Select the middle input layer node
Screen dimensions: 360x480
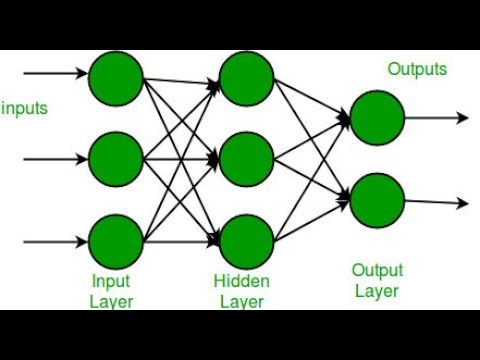point(115,158)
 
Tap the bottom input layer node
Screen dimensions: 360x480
point(115,240)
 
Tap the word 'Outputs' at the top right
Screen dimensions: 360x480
point(417,69)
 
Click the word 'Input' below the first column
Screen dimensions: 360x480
point(111,282)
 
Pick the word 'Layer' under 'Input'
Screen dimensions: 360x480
point(111,301)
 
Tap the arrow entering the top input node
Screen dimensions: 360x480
point(55,74)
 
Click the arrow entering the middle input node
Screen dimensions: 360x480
point(55,158)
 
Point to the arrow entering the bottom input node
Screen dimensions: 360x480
point(55,240)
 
